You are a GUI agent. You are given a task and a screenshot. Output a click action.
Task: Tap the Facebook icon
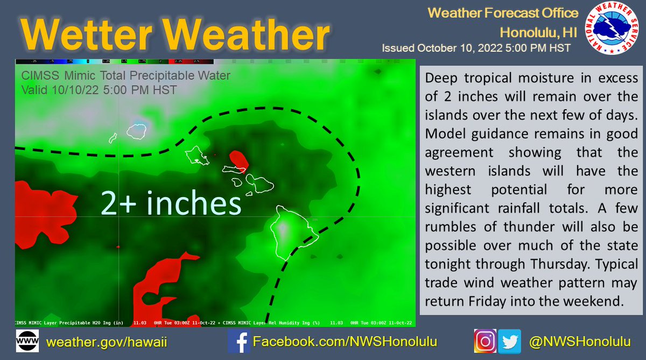[237, 342]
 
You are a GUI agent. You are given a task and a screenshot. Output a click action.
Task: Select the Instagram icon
[484, 342]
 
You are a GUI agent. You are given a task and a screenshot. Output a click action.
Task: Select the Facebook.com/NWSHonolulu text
[345, 342]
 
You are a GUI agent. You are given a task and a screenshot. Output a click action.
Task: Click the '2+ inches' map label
[171, 203]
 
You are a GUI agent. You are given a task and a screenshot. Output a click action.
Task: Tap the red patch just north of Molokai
[238, 159]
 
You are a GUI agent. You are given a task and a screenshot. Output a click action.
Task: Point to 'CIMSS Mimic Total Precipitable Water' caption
[125, 76]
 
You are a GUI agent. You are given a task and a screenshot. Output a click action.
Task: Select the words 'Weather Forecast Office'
[503, 13]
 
